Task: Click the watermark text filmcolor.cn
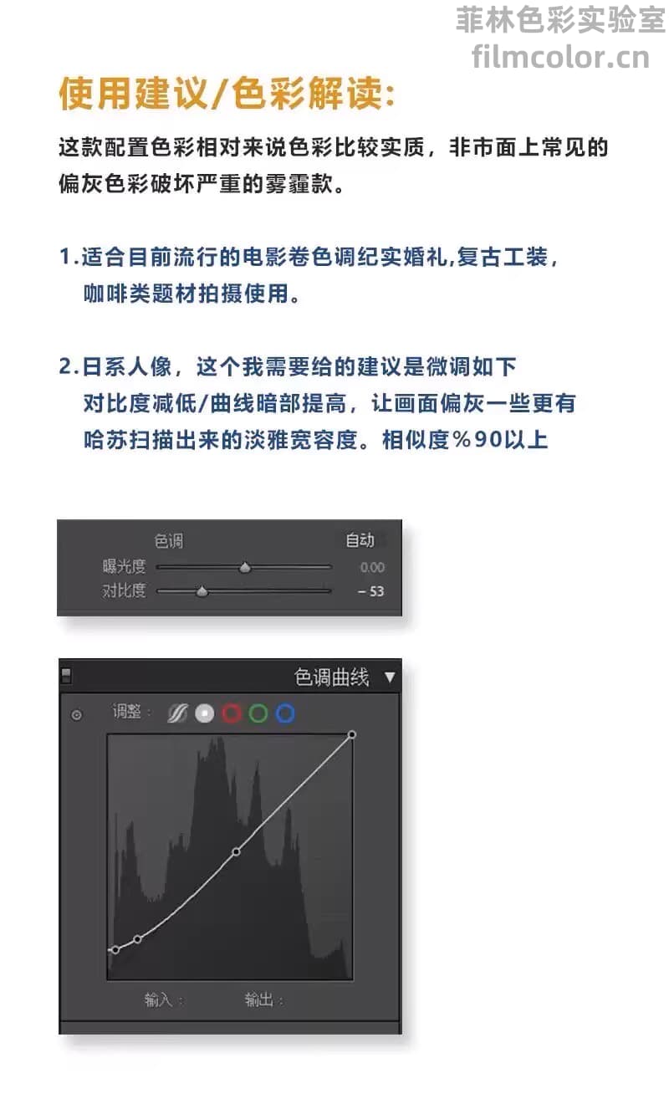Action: [x=560, y=57]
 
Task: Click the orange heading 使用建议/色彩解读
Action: [x=227, y=94]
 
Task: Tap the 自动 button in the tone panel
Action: [x=360, y=540]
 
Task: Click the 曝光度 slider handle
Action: [x=245, y=567]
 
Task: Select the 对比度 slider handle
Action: [x=202, y=591]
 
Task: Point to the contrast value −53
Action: [x=370, y=591]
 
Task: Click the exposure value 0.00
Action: [x=372, y=567]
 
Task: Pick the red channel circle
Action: [x=232, y=713]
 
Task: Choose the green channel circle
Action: [x=258, y=713]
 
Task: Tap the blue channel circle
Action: [x=285, y=713]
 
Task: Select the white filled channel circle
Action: [x=205, y=713]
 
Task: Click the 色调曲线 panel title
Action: [x=331, y=677]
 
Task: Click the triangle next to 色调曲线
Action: [x=390, y=677]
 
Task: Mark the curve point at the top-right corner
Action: [x=352, y=734]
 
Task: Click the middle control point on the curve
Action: [x=236, y=851]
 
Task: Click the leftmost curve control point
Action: [x=115, y=950]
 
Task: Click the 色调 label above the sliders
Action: [x=169, y=541]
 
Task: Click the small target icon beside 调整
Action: [x=77, y=715]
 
